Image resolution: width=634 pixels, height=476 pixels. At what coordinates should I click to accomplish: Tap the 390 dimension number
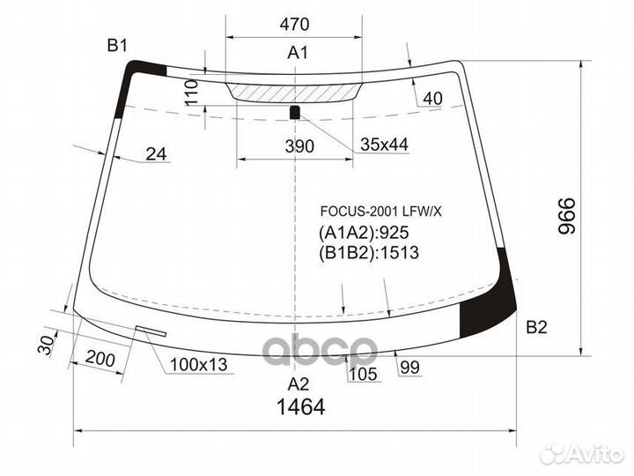click(x=299, y=146)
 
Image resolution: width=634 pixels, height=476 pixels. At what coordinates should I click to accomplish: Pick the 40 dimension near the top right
click(x=431, y=99)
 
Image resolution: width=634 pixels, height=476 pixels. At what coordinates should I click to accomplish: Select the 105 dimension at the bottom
click(x=363, y=374)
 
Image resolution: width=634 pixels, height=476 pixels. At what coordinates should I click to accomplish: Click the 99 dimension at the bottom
click(x=409, y=368)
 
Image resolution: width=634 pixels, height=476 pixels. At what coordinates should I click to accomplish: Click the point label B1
click(x=118, y=46)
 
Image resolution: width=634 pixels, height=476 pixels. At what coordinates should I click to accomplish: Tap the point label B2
click(x=536, y=328)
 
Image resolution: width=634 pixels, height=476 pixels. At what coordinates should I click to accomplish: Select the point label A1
click(x=298, y=53)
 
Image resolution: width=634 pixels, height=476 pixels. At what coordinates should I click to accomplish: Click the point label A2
click(x=299, y=383)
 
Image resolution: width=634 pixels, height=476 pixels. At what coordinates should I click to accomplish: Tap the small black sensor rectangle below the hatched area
click(x=295, y=111)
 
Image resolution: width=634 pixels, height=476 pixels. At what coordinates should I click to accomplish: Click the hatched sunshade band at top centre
click(x=295, y=90)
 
